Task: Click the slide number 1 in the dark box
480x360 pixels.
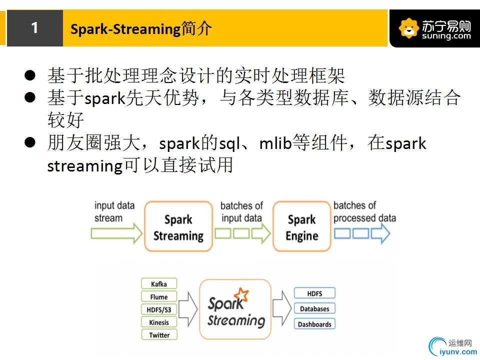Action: [34, 28]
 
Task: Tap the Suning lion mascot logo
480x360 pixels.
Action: [408, 28]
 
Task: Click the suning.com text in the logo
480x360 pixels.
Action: [446, 36]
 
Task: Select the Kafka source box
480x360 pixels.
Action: [159, 284]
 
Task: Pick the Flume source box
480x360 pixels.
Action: [159, 296]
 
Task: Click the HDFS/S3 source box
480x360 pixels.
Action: [159, 309]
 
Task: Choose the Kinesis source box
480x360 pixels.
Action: [159, 322]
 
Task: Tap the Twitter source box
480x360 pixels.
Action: [159, 335]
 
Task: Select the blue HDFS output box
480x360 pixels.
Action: [314, 293]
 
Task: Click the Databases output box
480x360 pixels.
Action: [314, 308]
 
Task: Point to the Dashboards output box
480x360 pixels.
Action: [314, 324]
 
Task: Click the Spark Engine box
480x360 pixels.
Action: [302, 226]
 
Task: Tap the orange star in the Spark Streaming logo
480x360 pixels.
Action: [241, 294]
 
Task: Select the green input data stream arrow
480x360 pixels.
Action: [116, 233]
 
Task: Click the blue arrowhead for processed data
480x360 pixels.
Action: [380, 233]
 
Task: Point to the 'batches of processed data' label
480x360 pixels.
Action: [364, 212]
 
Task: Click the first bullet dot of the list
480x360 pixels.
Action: [30, 75]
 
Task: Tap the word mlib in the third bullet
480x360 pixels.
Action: [275, 143]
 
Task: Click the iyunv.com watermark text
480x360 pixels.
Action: [458, 352]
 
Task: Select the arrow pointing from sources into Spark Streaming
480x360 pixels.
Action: [188, 309]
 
